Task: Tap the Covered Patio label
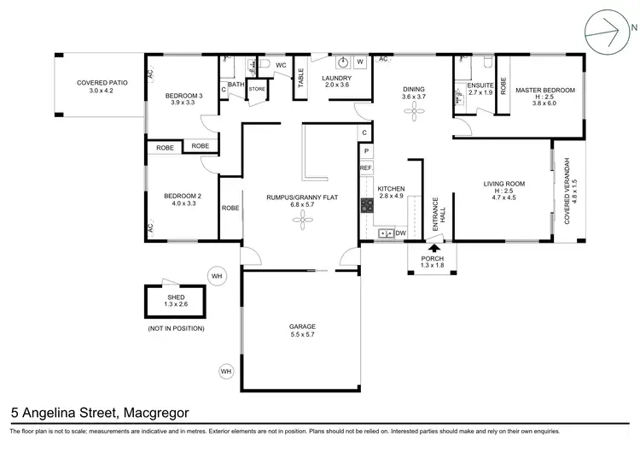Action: tap(102, 83)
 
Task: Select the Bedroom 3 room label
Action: tap(183, 95)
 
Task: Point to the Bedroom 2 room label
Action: tap(183, 196)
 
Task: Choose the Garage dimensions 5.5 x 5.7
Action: tap(302, 335)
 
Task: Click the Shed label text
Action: tap(176, 297)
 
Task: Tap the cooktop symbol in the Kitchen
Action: tap(367, 204)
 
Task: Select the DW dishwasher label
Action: tap(399, 232)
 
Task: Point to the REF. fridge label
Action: tap(365, 168)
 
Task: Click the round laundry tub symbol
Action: tap(342, 62)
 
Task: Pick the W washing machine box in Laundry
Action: tap(360, 62)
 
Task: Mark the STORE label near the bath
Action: tap(257, 88)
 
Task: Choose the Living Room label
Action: tap(503, 184)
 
